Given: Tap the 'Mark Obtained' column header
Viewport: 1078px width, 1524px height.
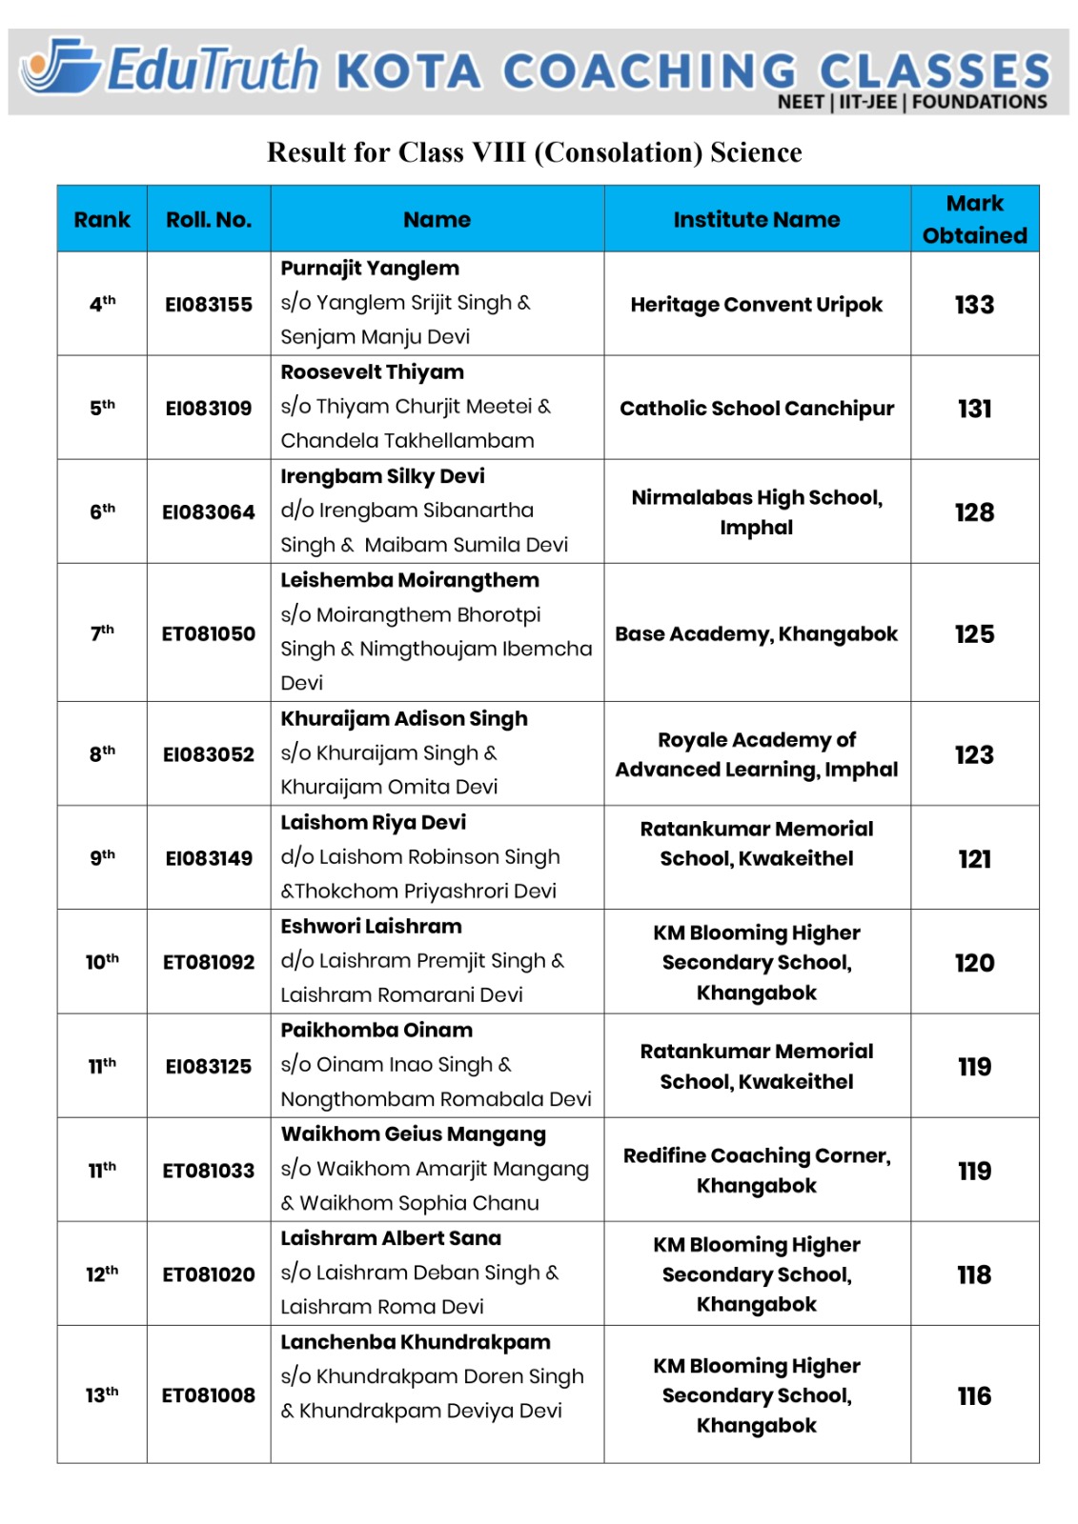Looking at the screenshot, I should pyautogui.click(x=974, y=219).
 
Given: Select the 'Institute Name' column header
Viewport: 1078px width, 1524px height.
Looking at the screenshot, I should pyautogui.click(x=756, y=220).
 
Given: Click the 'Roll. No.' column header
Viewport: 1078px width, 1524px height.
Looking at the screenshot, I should pyautogui.click(x=209, y=220).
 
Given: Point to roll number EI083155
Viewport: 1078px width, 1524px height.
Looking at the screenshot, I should pyautogui.click(x=209, y=305).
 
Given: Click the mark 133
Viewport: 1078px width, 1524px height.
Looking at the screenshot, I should pyautogui.click(x=974, y=305).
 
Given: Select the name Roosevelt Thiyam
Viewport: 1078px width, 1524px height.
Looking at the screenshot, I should pyautogui.click(x=372, y=372).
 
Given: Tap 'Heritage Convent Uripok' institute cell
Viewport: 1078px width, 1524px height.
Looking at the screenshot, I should pyautogui.click(x=756, y=305).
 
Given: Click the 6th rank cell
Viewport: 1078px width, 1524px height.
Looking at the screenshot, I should pyautogui.click(x=102, y=511).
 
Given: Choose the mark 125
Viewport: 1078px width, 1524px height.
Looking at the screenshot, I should pyautogui.click(x=974, y=634).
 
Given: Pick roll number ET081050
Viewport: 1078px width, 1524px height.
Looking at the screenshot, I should pyautogui.click(x=209, y=634).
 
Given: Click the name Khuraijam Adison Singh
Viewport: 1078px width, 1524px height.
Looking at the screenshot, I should pyautogui.click(x=403, y=719).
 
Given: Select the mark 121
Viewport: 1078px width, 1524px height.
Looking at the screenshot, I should pyautogui.click(x=974, y=859).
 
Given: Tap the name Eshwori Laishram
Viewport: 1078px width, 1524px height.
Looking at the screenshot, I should pyautogui.click(x=371, y=927).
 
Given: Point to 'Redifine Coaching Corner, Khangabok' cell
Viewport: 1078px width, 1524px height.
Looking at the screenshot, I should pyautogui.click(x=756, y=1171).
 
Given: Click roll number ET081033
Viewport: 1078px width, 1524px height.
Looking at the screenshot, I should pyautogui.click(x=209, y=1171).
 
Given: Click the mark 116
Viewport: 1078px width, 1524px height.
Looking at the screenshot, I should pyautogui.click(x=974, y=1396).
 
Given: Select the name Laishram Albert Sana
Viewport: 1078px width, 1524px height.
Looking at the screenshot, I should pyautogui.click(x=390, y=1238).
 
